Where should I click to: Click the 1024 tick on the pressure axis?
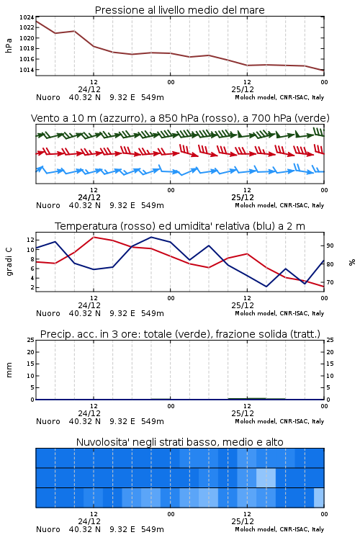27,17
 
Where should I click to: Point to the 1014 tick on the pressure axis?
27,70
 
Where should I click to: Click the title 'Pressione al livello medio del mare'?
180,10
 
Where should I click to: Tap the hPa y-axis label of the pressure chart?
9,45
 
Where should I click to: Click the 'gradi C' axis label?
9,262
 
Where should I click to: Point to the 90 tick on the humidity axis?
330,246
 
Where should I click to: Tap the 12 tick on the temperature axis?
30,240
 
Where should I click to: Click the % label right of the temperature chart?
352,262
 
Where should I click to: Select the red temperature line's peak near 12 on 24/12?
94,237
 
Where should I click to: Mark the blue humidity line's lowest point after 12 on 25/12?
266,287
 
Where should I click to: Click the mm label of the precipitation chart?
9,370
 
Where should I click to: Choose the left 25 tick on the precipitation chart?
30,340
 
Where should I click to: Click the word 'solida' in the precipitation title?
271,334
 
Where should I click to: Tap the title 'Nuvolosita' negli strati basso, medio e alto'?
180,442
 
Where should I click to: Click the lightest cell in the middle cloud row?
266,477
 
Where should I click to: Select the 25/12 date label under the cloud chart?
243,521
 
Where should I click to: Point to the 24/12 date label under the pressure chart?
89,89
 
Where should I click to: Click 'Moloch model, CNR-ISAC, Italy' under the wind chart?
279,205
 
